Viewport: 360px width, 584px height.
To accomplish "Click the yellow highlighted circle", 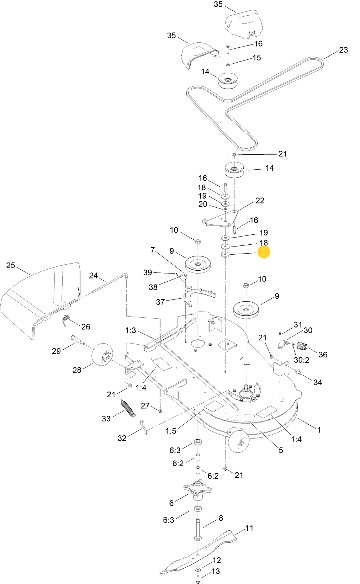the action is [x=264, y=252].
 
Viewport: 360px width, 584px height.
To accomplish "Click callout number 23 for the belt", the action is [x=343, y=50].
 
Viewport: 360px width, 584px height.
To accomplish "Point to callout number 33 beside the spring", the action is [x=106, y=419].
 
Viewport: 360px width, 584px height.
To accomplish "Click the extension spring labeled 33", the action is [x=128, y=408].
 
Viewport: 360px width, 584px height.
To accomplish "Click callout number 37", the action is [x=160, y=302].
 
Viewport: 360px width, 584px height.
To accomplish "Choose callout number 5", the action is [x=280, y=450].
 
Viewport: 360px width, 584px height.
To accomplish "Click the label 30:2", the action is [x=301, y=360].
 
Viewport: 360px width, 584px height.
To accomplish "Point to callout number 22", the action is [x=260, y=201].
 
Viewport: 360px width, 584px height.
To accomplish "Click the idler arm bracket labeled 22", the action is [x=220, y=218].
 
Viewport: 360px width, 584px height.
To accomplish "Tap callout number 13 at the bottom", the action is [x=216, y=571].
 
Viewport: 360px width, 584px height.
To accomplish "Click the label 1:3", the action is [x=130, y=330].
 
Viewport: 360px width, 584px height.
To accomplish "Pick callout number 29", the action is [x=56, y=351].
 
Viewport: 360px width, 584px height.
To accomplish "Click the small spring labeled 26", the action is [x=66, y=320].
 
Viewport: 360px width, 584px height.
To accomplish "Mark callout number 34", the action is [x=318, y=382].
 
